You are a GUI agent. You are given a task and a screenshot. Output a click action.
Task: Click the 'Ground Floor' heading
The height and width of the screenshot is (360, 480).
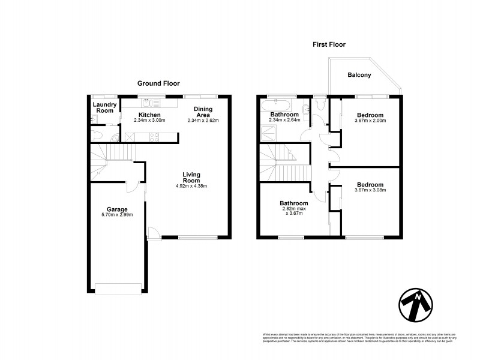[x=158, y=83]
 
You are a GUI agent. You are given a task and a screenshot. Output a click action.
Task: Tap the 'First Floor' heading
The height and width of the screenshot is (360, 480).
[x=329, y=44]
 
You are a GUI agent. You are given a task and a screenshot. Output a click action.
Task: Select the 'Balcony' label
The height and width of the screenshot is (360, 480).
[x=359, y=75]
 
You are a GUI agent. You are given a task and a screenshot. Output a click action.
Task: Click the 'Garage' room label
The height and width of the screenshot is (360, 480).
[x=117, y=209]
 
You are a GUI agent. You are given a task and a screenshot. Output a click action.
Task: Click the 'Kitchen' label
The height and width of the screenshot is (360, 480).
[x=149, y=114]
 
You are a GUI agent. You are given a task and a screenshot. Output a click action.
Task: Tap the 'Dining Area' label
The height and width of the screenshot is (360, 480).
[x=203, y=112]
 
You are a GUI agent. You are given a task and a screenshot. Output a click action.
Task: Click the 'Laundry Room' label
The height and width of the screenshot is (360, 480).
[x=105, y=107]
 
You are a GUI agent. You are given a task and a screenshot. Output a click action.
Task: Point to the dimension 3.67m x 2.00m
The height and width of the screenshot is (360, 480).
[x=370, y=121]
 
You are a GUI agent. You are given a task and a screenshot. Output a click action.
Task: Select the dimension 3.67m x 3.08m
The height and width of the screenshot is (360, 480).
[x=370, y=190]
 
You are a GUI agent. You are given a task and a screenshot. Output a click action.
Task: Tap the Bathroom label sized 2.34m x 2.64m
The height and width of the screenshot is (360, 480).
[x=284, y=114]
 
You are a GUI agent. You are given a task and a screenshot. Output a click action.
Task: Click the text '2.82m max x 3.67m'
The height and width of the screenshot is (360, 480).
[x=294, y=212]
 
